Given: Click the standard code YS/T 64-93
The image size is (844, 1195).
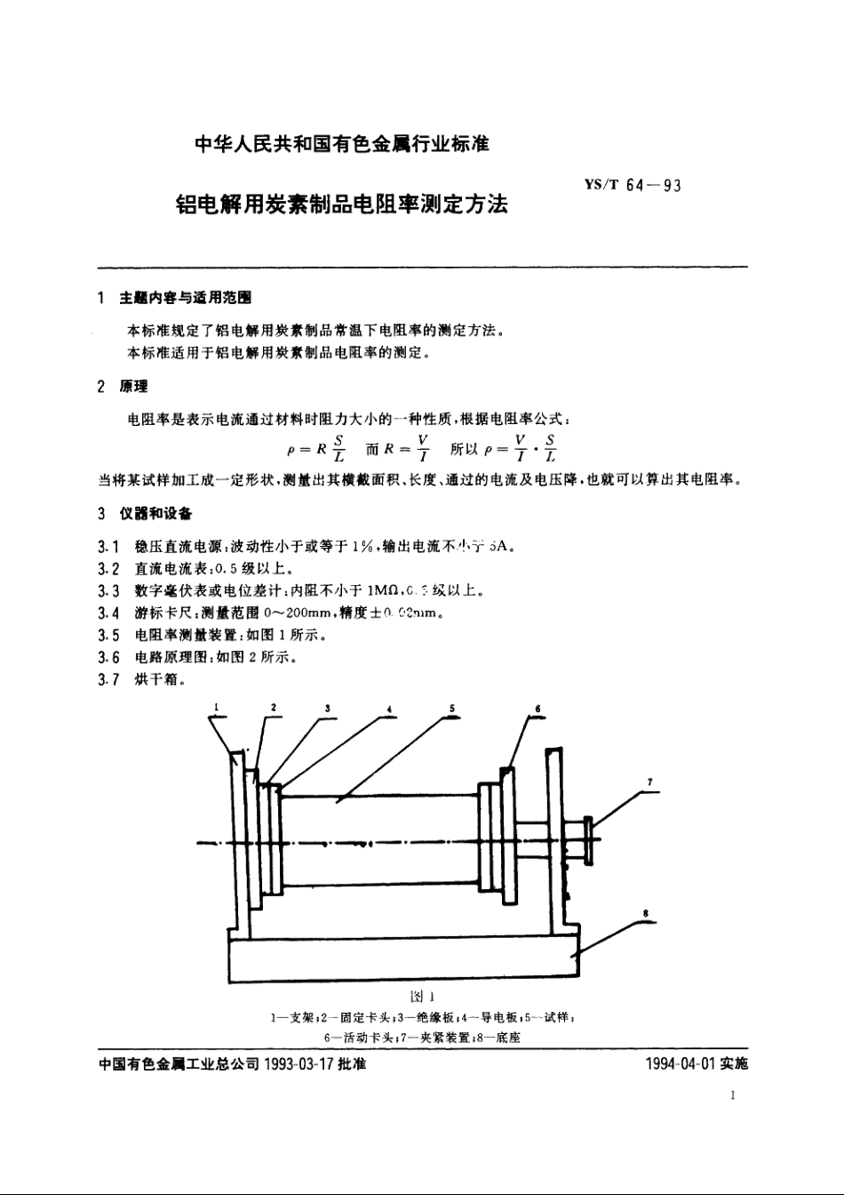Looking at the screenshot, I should (633, 186).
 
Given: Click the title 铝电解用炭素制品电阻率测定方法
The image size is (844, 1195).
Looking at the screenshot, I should (342, 204).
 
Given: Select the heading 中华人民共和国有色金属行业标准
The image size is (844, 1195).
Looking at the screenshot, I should (342, 143).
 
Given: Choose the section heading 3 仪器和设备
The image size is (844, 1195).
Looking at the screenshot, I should (143, 514).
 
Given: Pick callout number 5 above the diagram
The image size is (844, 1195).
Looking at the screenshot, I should (452, 708).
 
